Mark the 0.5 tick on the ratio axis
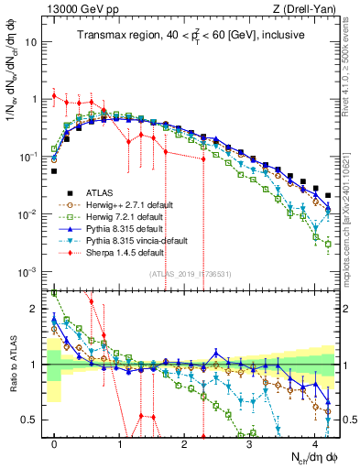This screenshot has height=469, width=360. click(32, 420)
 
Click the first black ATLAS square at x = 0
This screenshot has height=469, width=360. click(54, 170)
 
